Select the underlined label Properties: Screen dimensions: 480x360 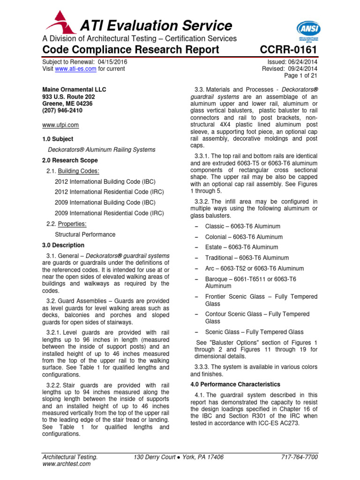[x=71, y=224]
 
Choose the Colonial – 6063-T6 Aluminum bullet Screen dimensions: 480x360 [x=244, y=237]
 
